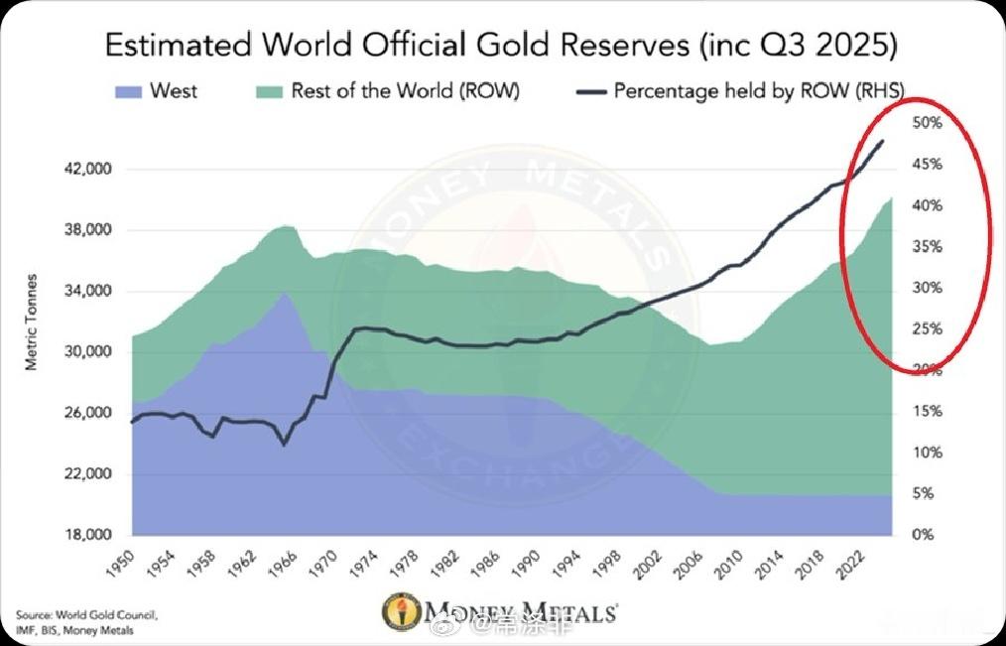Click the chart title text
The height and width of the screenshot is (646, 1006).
click(x=502, y=46)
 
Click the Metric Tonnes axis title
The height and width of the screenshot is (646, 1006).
click(x=31, y=322)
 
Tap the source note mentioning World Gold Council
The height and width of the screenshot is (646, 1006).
click(x=74, y=622)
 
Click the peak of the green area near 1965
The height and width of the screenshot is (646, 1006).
click(x=285, y=226)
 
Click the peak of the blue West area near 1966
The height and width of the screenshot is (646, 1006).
click(x=285, y=292)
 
